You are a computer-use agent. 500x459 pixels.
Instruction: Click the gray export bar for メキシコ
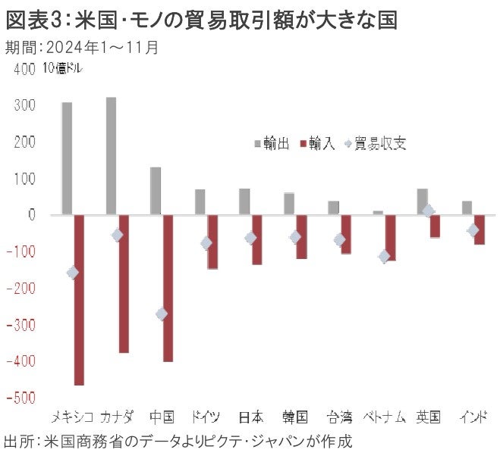(67, 158)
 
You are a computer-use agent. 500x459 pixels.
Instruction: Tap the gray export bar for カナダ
(111, 155)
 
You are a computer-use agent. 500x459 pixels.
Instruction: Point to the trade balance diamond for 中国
(161, 314)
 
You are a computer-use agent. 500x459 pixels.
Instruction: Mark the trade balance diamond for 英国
(429, 211)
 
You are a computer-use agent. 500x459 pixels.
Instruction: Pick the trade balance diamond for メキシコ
(73, 273)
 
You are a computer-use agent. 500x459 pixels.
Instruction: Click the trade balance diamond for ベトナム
(385, 257)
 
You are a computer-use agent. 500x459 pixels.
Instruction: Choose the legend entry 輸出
(270, 144)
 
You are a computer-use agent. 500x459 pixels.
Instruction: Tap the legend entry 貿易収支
(377, 144)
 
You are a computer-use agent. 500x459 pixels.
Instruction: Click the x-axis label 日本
(250, 417)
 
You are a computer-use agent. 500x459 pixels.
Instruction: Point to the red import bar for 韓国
(301, 237)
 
